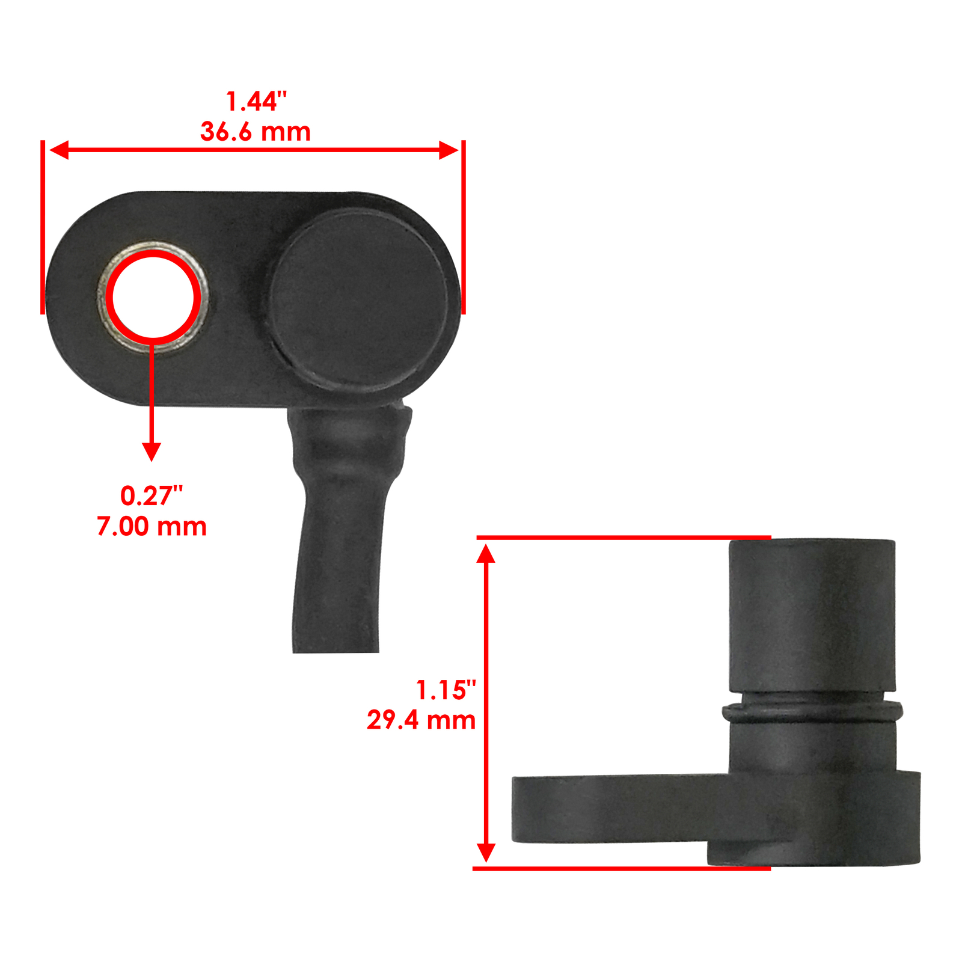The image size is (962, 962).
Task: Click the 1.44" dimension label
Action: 256,102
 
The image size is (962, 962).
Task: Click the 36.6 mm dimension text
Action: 256,132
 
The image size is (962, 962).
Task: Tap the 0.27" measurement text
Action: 152,496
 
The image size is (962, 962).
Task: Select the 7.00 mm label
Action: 152,527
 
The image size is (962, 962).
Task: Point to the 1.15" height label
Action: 446,690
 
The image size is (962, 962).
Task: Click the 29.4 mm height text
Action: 421,720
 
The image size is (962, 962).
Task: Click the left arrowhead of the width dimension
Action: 59,150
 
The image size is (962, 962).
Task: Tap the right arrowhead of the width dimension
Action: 449,150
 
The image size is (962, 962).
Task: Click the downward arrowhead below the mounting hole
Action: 152,451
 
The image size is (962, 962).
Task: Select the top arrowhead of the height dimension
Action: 486,553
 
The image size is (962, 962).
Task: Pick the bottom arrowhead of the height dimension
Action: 486,853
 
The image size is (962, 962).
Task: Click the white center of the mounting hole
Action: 153,297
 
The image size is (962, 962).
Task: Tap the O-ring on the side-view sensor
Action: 812,713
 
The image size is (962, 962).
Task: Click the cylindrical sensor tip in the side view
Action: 812,613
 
